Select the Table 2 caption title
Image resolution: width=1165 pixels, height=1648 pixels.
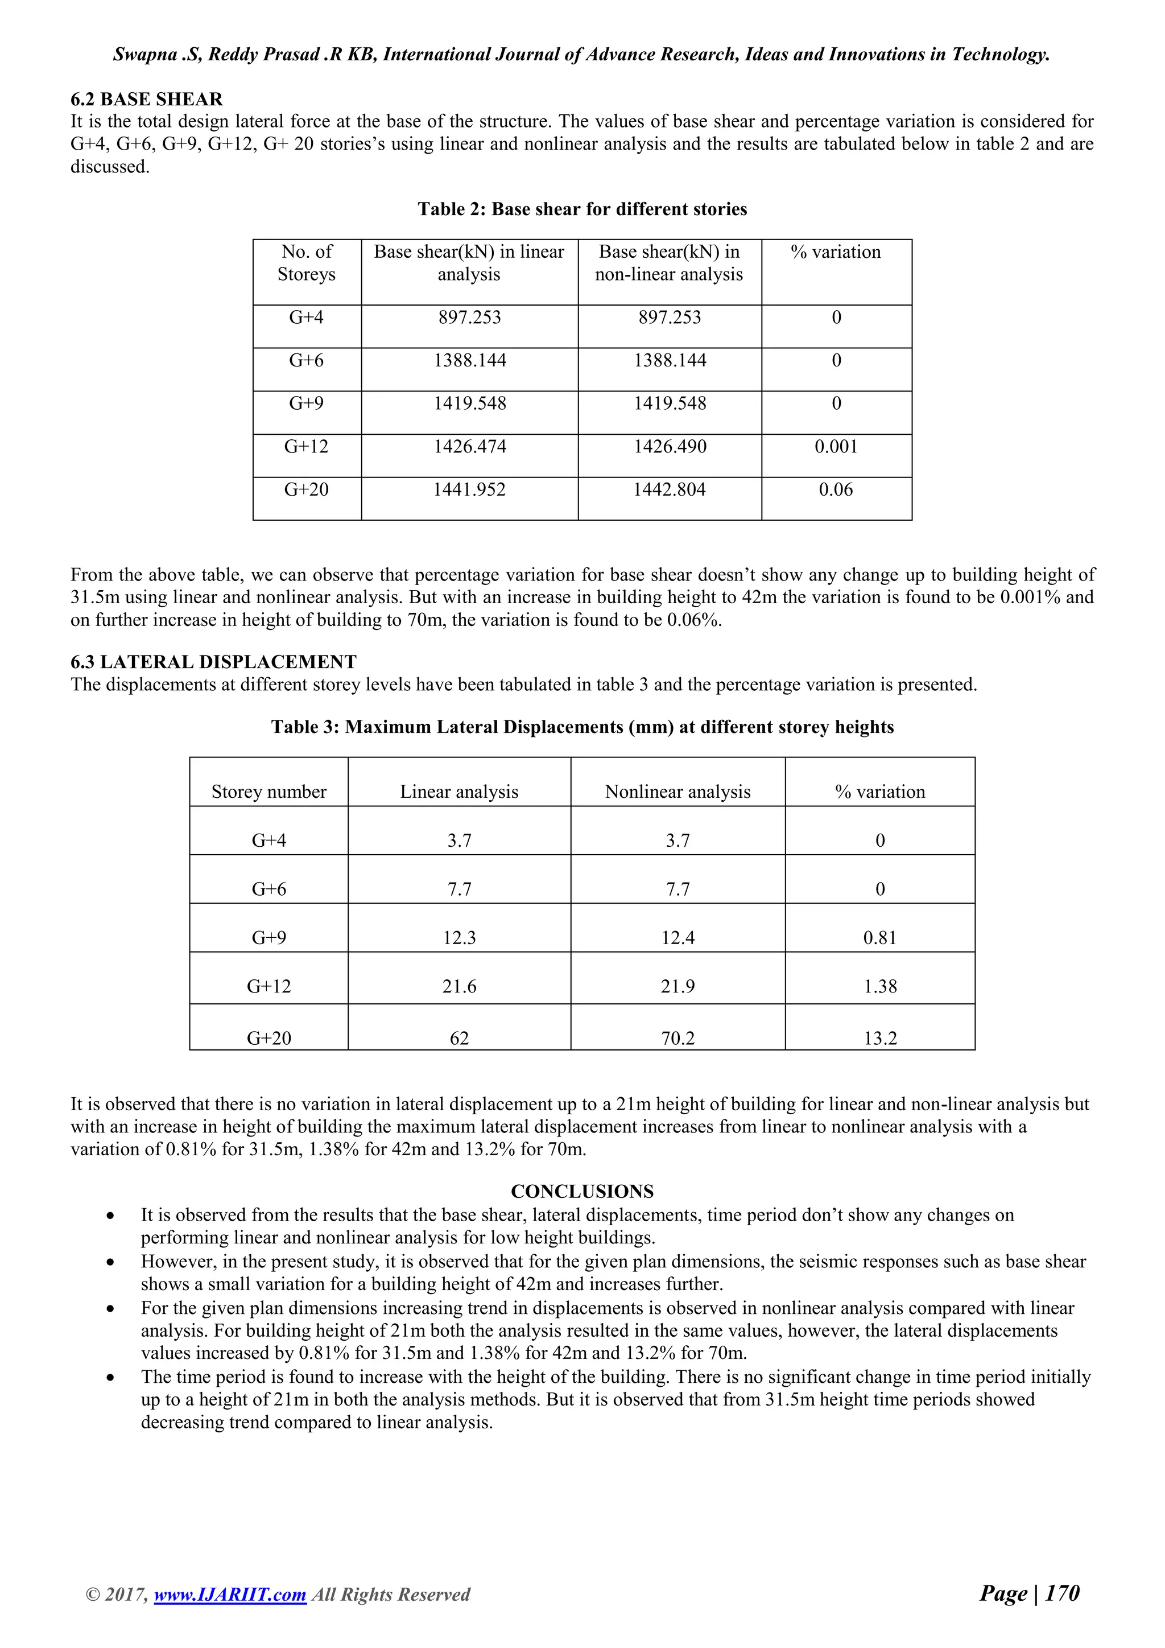tap(582, 209)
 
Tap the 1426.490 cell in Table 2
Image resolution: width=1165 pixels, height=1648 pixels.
tap(670, 447)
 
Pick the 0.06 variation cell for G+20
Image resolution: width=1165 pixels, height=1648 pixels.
tap(836, 489)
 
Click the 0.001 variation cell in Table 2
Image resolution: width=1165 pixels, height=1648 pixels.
tap(836, 447)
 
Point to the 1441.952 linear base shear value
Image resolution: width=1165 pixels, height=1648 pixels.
tap(469, 489)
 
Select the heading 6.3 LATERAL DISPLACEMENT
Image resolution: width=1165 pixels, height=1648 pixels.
tap(213, 662)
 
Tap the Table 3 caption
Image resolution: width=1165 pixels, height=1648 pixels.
tap(582, 727)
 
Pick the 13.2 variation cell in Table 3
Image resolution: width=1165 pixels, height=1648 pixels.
tap(879, 1038)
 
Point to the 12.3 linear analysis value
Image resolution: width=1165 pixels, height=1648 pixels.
tap(459, 937)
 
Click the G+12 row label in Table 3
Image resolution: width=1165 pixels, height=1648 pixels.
tap(269, 986)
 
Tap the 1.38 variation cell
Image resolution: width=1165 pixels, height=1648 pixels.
tap(879, 986)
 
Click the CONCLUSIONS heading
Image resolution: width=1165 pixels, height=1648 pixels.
tap(582, 1192)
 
